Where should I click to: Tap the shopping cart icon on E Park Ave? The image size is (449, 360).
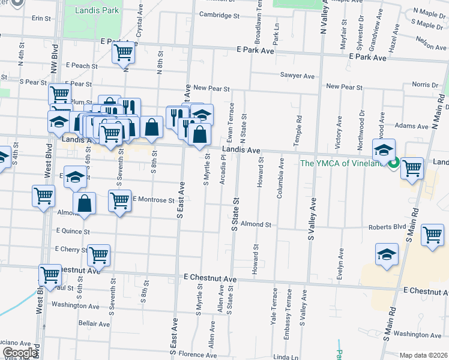pyautogui.click(x=123, y=52)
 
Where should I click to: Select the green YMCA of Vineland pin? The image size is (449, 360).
pyautogui.click(x=394, y=162)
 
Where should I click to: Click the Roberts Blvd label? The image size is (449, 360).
pyautogui.click(x=387, y=227)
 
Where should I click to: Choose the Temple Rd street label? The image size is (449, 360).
pyautogui.click(x=297, y=128)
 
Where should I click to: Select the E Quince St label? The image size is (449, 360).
pyautogui.click(x=73, y=230)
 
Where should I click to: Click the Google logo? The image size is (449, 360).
pyautogui.click(x=20, y=353)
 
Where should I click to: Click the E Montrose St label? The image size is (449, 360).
pyautogui.click(x=153, y=199)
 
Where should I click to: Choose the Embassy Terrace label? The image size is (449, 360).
pyautogui.click(x=289, y=307)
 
